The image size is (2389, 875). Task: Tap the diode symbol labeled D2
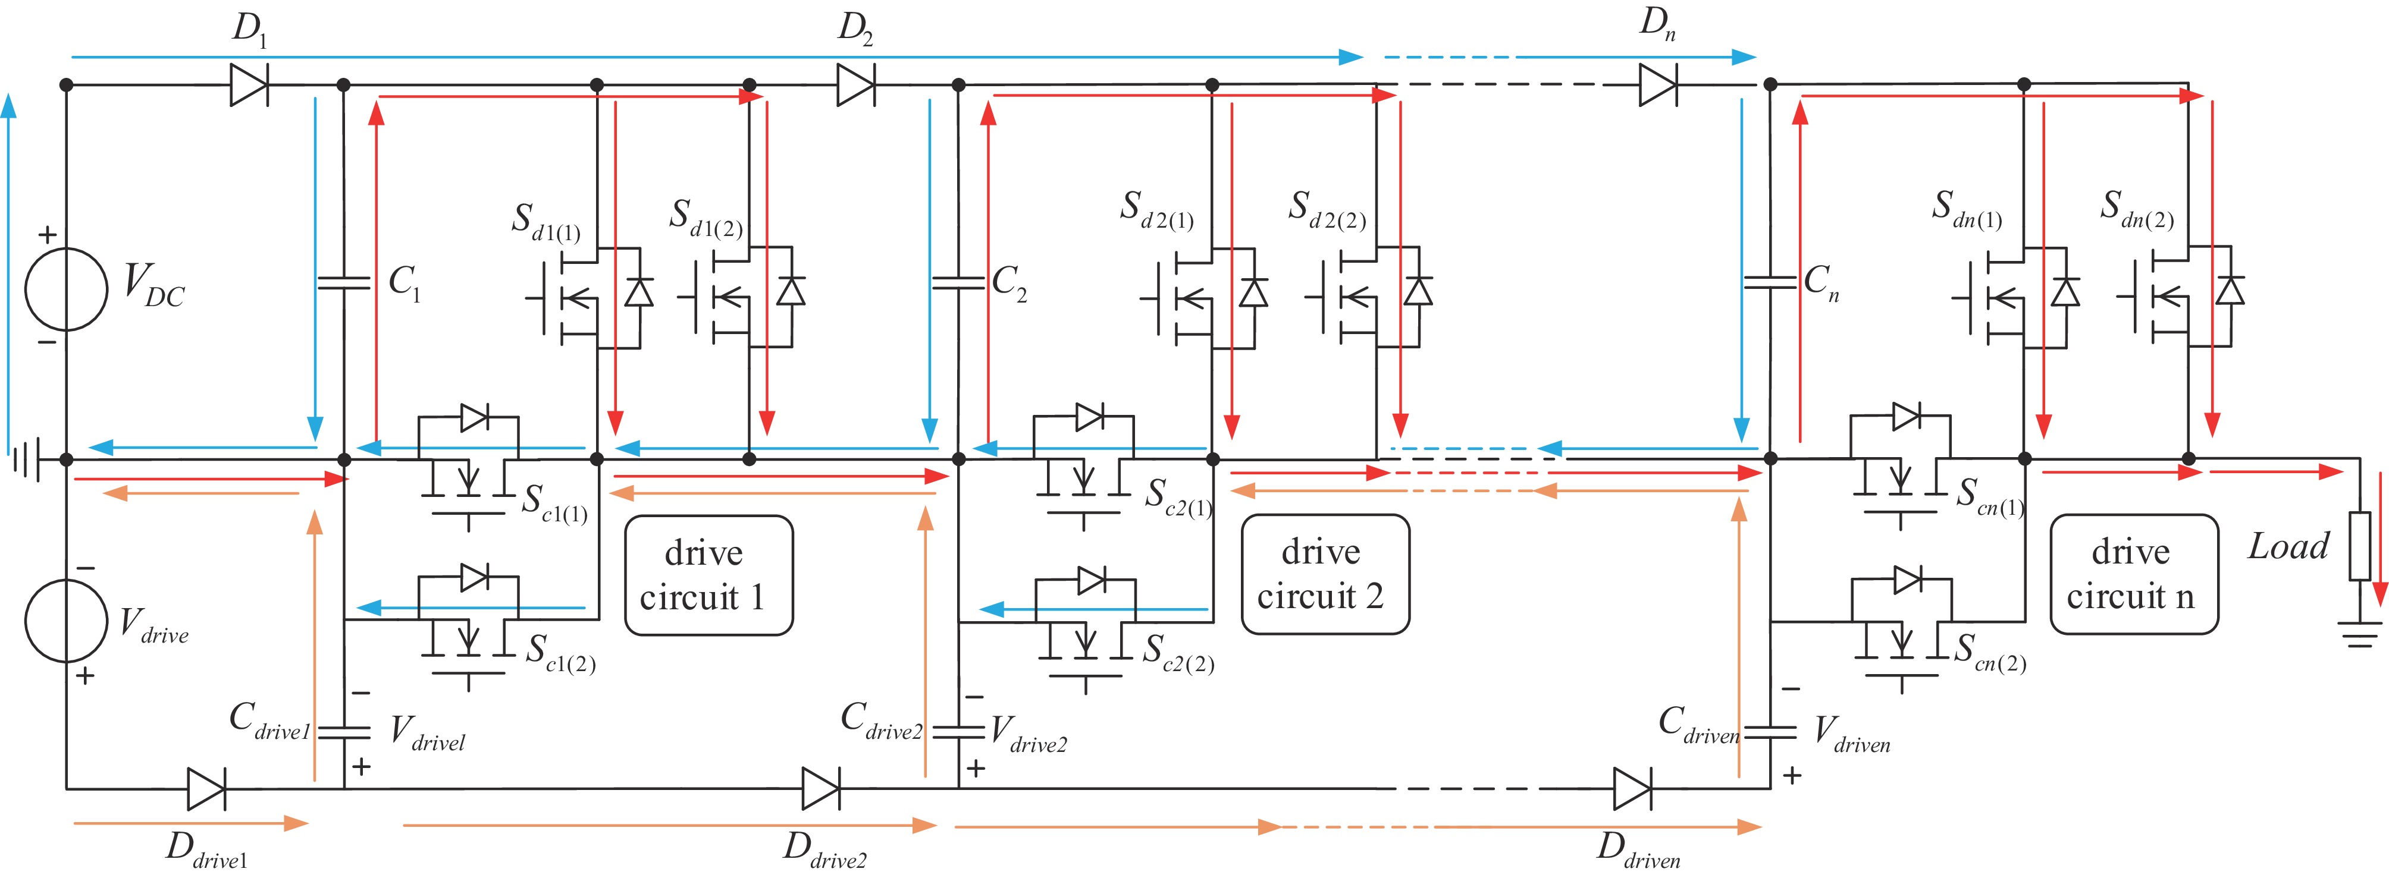pos(855,85)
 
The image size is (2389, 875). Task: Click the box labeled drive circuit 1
pos(708,575)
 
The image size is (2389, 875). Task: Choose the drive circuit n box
pos(2133,575)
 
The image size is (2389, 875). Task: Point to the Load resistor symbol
pos(2359,547)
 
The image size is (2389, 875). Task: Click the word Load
pos(2288,547)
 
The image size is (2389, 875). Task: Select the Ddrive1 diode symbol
pos(206,789)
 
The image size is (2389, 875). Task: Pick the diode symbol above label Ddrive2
pos(822,789)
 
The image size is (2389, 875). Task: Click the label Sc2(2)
pos(1178,653)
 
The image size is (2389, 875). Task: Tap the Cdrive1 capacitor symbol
pos(343,732)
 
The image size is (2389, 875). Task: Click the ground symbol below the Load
pos(2359,632)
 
